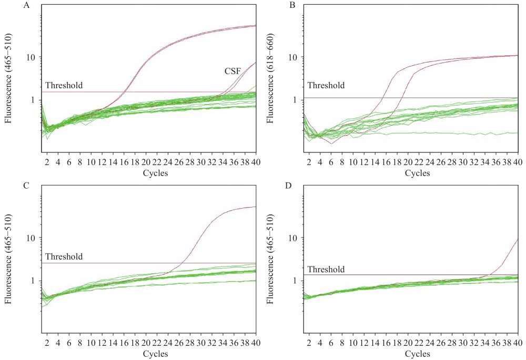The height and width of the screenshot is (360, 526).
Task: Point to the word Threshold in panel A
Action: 64,85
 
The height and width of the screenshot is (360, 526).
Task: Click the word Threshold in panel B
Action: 326,85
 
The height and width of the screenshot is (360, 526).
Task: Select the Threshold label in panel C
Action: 64,256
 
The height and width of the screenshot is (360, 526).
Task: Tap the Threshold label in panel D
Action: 326,270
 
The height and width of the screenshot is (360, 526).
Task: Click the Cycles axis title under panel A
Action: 155,173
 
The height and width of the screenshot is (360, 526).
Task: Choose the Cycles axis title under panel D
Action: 417,354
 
